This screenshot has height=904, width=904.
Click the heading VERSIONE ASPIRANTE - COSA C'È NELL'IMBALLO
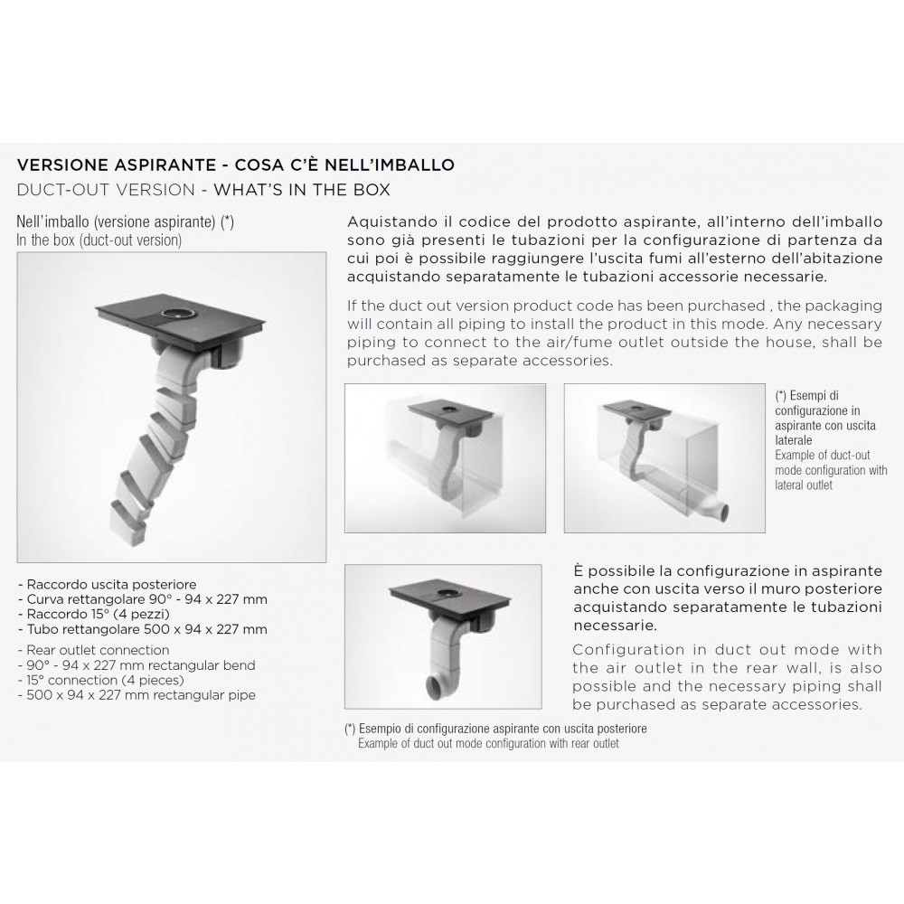pos(235,165)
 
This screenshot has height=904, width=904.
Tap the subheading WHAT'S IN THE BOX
pos(302,190)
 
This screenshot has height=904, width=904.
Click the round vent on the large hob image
pos(174,314)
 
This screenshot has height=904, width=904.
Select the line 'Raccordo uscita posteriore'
pos(108,585)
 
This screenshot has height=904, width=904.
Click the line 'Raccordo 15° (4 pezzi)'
pos(94,615)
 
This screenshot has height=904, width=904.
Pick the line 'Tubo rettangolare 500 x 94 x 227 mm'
pos(143,629)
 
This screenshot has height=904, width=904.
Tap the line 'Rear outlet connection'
pos(93,650)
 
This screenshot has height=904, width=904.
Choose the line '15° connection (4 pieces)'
pos(101,681)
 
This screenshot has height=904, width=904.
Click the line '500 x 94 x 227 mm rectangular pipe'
pos(137,695)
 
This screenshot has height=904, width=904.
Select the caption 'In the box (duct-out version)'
pos(99,240)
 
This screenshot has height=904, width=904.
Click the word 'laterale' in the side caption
pos(794,440)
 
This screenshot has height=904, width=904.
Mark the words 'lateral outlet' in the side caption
pos(804,485)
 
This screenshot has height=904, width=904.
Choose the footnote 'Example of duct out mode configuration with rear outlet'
pos(488,744)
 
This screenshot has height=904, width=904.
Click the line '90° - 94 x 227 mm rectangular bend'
pos(137,665)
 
